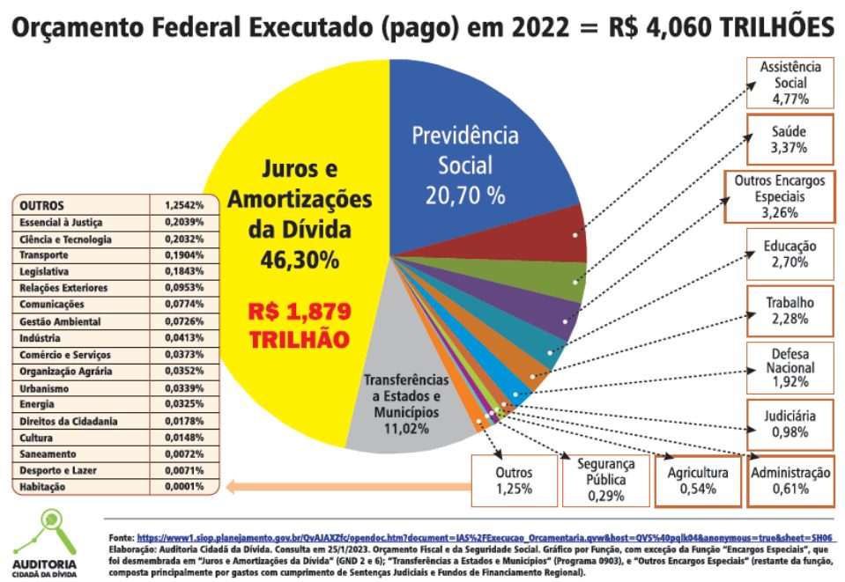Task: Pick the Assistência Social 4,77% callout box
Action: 789,83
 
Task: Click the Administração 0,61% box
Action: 789,481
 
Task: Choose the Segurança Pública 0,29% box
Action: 606,479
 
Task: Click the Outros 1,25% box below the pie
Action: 515,481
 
